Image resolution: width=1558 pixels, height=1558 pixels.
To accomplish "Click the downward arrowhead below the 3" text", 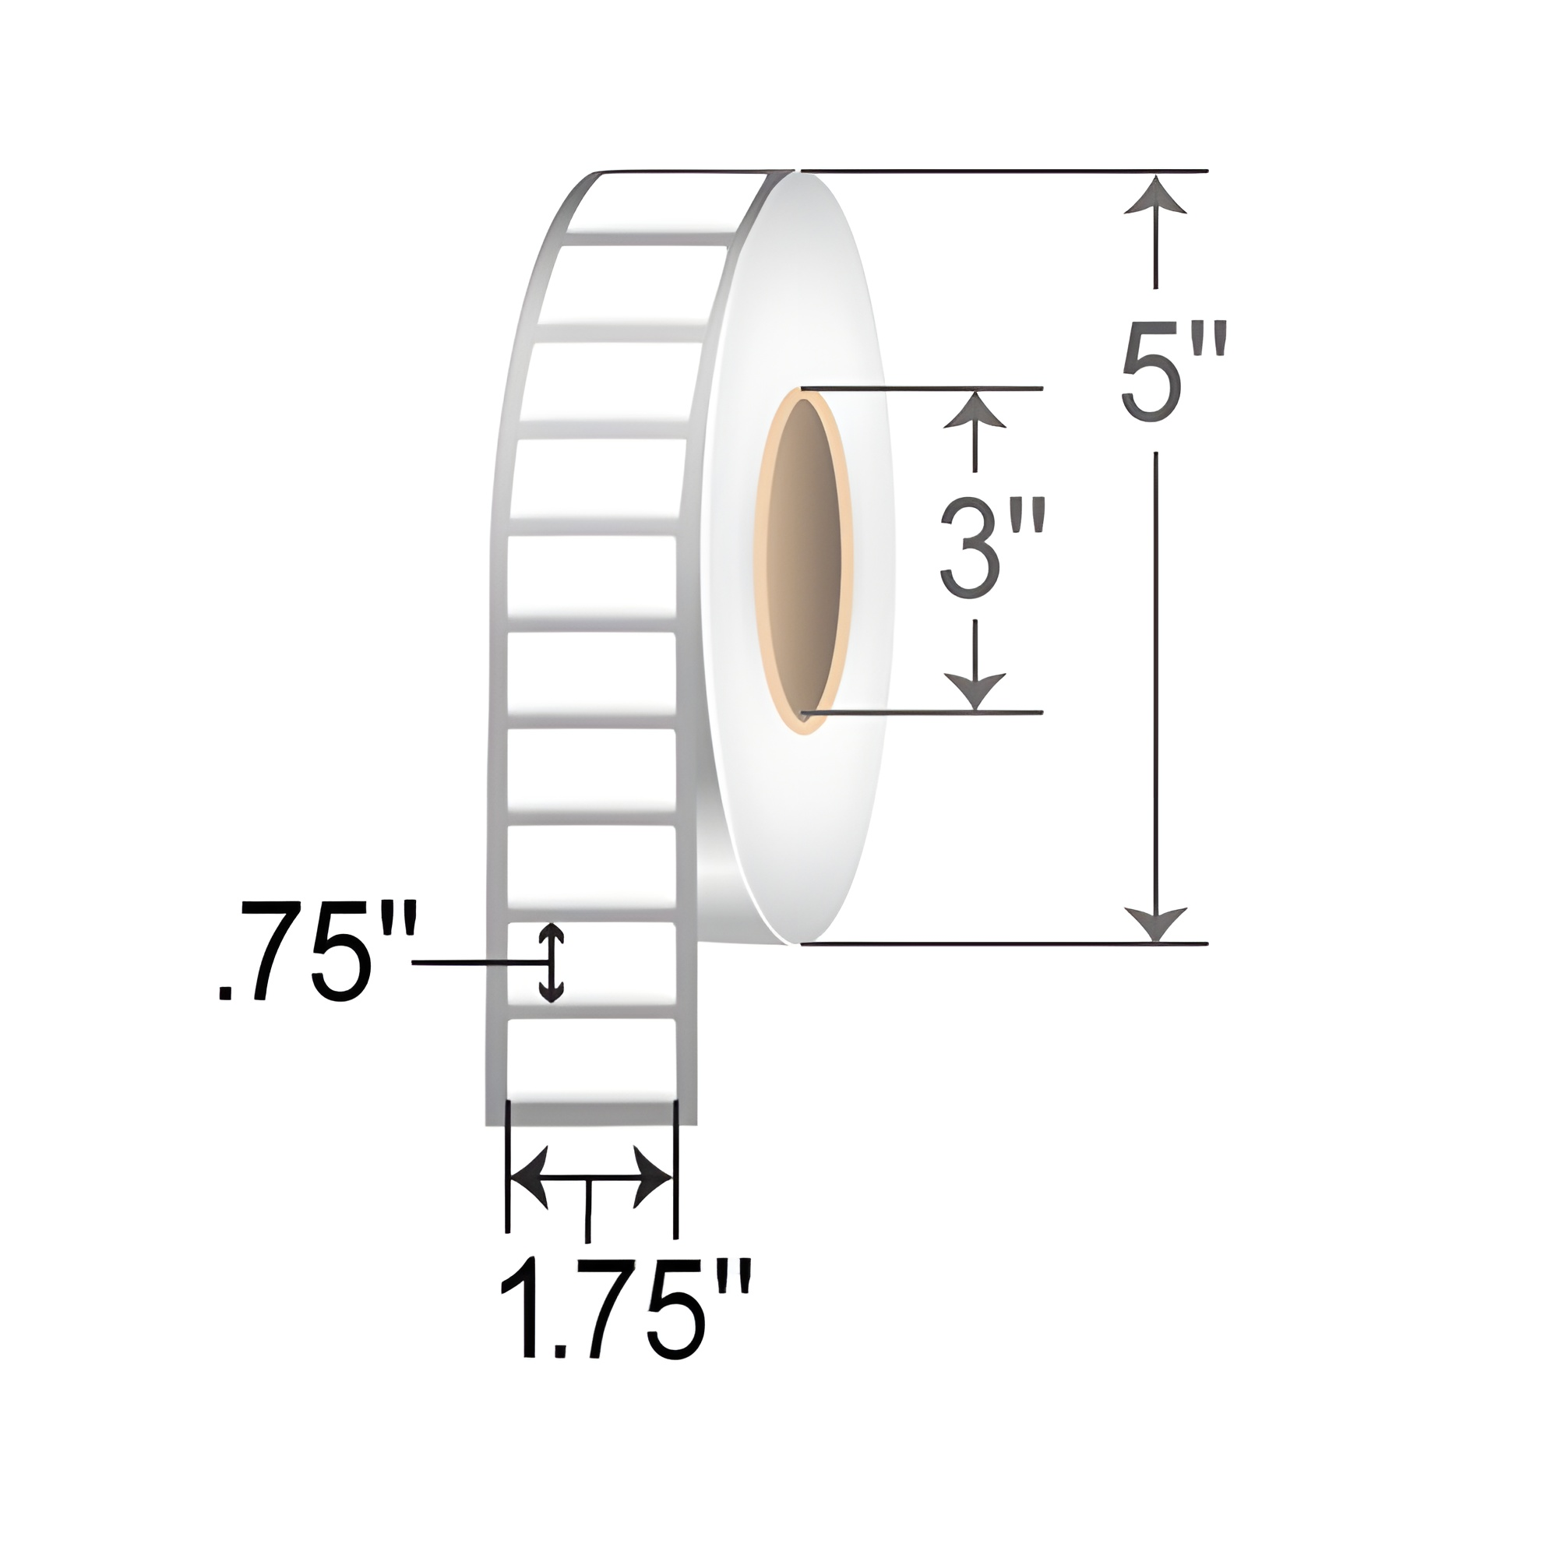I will (976, 692).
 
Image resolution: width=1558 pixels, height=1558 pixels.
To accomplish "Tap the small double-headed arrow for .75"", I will (551, 964).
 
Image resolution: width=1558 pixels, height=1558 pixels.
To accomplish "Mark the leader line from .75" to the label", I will (476, 963).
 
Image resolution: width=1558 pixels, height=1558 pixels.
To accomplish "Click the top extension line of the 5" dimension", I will (1000, 171).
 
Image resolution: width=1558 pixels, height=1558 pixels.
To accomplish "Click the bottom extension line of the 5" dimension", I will (1000, 943).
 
